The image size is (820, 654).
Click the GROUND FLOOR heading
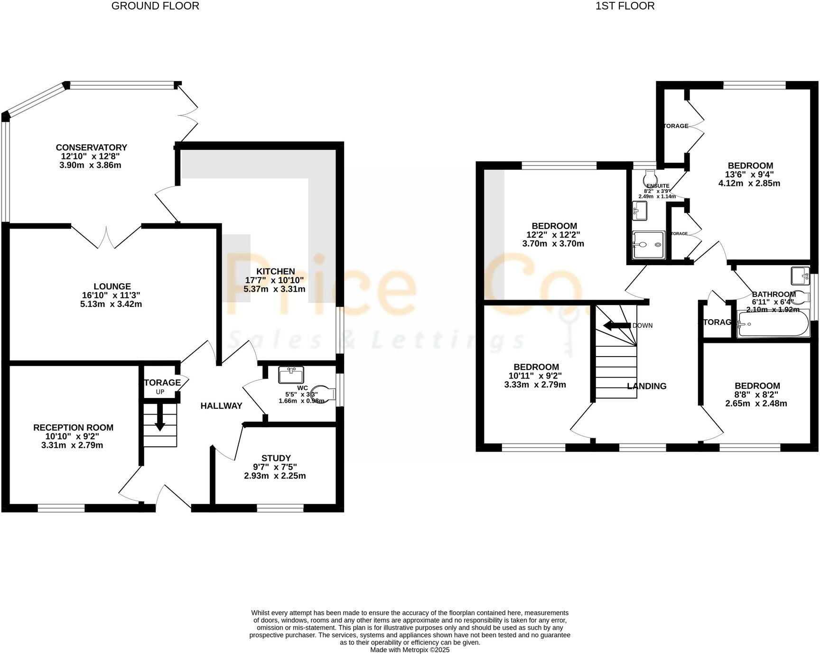[155, 6]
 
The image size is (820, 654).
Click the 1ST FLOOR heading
[625, 6]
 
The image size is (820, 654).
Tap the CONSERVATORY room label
[92, 147]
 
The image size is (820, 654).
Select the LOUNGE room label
[112, 286]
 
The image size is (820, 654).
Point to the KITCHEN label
[276, 271]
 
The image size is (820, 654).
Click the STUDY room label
[276, 458]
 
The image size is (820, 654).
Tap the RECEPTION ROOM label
[73, 427]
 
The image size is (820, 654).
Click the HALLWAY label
[221, 406]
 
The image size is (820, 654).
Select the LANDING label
[646, 386]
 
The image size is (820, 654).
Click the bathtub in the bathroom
[773, 324]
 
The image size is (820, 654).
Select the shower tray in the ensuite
[648, 245]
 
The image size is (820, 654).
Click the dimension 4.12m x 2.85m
[750, 184]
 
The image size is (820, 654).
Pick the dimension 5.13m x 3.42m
[111, 304]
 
